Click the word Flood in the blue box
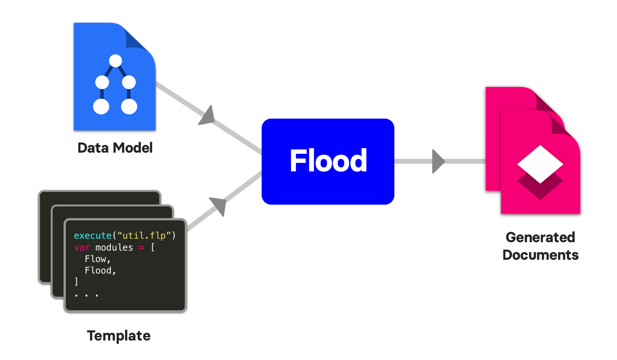(328, 161)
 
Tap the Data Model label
(115, 148)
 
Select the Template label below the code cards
(119, 336)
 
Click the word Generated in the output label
(540, 237)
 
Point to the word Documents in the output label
(540, 255)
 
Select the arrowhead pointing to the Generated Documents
(438, 161)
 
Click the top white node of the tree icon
(116, 61)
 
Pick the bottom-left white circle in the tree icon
(101, 106)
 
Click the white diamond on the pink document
(540, 164)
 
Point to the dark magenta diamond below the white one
(540, 189)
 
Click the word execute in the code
(93, 236)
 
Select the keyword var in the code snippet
(81, 248)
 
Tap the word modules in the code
(114, 248)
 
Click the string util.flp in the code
(147, 236)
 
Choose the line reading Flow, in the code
(98, 259)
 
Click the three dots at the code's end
(86, 295)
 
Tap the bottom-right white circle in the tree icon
(129, 106)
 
